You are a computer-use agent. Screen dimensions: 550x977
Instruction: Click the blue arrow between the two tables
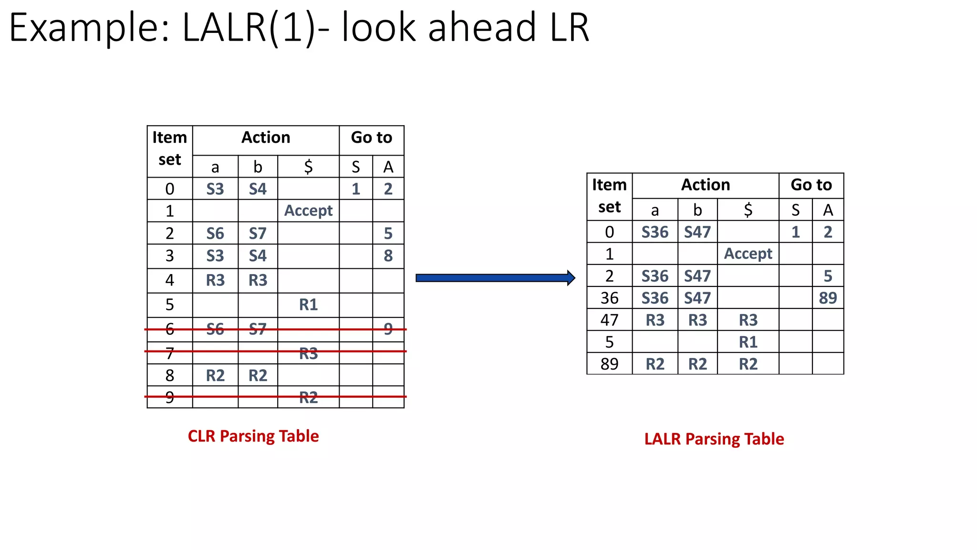pyautogui.click(x=495, y=278)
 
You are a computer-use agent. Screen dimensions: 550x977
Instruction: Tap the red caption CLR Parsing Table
pyautogui.click(x=253, y=436)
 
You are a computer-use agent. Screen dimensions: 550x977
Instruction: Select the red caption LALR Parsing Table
pyautogui.click(x=714, y=439)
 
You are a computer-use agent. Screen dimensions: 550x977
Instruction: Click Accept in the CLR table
pyautogui.click(x=308, y=211)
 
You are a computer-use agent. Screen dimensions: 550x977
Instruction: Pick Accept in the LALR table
pyautogui.click(x=748, y=254)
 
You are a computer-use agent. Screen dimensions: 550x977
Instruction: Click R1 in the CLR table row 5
pyautogui.click(x=308, y=305)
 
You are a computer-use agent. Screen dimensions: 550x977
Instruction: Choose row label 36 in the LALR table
pyautogui.click(x=609, y=298)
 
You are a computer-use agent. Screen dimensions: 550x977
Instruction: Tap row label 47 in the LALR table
pyautogui.click(x=609, y=320)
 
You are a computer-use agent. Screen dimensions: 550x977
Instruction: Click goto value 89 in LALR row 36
pyautogui.click(x=828, y=298)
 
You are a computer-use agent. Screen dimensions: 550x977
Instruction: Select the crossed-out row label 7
pyautogui.click(x=169, y=354)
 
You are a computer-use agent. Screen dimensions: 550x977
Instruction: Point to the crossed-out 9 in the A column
pyautogui.click(x=388, y=329)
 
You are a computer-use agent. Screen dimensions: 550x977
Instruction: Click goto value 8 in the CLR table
pyautogui.click(x=388, y=256)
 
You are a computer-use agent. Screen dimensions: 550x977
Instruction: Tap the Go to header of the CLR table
pyautogui.click(x=371, y=137)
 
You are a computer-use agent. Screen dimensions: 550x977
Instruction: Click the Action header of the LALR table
pyautogui.click(x=705, y=185)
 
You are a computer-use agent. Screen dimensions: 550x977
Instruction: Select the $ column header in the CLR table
pyautogui.click(x=308, y=167)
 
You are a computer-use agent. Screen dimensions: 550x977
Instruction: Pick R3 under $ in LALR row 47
pyautogui.click(x=748, y=320)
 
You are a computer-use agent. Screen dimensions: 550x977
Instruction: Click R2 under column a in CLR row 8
pyautogui.click(x=215, y=376)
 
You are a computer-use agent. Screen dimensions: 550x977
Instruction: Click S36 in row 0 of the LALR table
pyautogui.click(x=655, y=232)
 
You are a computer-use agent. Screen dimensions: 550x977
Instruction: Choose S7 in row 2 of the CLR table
pyautogui.click(x=258, y=233)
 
